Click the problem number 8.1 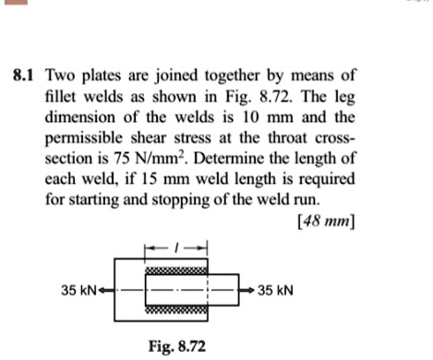[x=23, y=76]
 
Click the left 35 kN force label [x=78, y=290]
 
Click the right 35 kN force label [x=275, y=290]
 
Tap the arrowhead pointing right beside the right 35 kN [x=250, y=290]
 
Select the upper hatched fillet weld [x=176, y=270]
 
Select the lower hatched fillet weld [x=176, y=309]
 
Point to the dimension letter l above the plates [x=175, y=247]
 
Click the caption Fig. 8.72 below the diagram [x=177, y=346]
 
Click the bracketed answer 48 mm [x=326, y=221]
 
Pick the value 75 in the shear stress [x=121, y=159]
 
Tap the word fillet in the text [x=61, y=97]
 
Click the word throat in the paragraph [x=287, y=138]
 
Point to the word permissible [x=84, y=138]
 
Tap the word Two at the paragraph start [x=60, y=76]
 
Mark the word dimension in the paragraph [x=80, y=117]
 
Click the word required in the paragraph [x=327, y=179]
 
